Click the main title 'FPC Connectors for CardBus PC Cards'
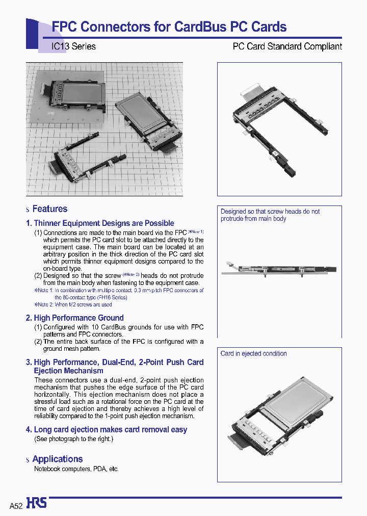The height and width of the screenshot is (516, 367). click(x=169, y=27)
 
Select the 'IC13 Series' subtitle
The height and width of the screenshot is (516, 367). click(x=73, y=46)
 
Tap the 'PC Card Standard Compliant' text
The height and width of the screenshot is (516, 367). click(x=287, y=46)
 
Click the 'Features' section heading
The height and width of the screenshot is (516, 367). click(x=49, y=209)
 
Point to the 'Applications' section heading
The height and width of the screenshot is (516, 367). click(x=57, y=459)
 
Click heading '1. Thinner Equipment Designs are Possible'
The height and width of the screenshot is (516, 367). click(x=100, y=223)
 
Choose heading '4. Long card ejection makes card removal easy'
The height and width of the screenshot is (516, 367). click(x=107, y=430)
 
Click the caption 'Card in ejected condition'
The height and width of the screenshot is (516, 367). click(x=253, y=354)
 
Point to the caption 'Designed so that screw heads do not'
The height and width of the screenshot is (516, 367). click(x=270, y=212)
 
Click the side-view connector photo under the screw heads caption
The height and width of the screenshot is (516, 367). click(x=279, y=270)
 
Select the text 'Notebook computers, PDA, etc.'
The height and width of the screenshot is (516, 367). click(x=76, y=469)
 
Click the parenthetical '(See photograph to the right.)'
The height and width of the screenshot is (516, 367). click(x=74, y=439)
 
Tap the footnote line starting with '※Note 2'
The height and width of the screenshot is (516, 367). click(x=73, y=305)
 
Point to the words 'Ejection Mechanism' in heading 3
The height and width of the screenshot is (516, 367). click(x=68, y=371)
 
